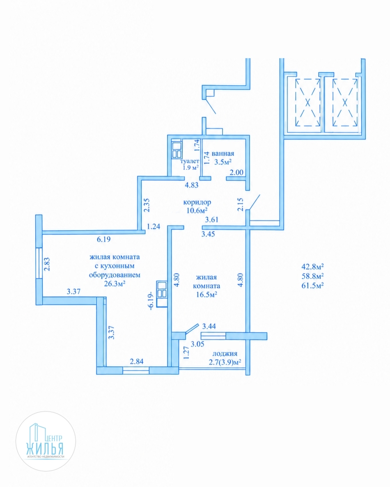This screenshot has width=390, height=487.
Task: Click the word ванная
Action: (x=223, y=153)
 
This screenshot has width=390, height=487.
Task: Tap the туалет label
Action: (x=190, y=161)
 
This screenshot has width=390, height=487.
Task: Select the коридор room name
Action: (x=197, y=202)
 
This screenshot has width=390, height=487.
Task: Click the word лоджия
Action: (x=225, y=354)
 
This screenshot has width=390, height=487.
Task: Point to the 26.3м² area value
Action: (x=115, y=283)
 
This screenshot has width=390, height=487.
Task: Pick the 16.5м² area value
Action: (x=206, y=295)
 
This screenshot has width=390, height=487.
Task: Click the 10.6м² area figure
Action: (x=197, y=210)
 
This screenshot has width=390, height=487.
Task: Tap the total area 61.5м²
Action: (x=313, y=286)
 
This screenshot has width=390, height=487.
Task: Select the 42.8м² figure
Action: (x=313, y=267)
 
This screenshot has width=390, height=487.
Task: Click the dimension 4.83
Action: (x=191, y=185)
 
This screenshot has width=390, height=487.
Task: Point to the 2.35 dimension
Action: (x=147, y=205)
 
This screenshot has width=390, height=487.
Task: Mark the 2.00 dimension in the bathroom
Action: (x=236, y=172)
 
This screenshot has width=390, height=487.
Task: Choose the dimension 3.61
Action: (x=211, y=219)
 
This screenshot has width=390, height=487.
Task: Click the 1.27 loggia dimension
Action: (x=186, y=353)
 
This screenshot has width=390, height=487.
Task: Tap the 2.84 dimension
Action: (x=136, y=361)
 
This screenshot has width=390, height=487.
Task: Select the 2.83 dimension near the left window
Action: (x=47, y=264)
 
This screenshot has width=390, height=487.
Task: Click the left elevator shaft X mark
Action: (x=307, y=102)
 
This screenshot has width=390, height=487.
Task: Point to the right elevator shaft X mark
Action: (x=345, y=102)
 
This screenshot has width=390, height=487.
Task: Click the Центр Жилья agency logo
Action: (x=46, y=441)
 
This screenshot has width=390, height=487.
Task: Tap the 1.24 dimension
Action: (x=154, y=227)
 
